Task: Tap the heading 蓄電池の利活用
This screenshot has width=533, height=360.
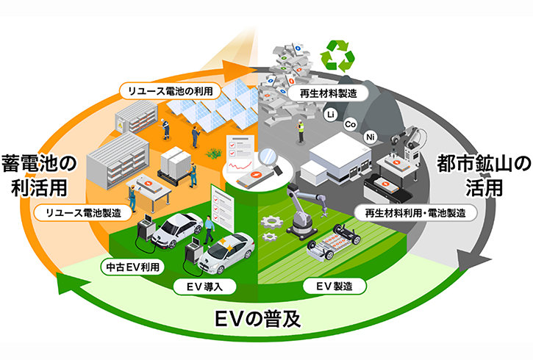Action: [x=39, y=176]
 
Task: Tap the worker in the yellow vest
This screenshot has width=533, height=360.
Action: [x=300, y=132]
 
